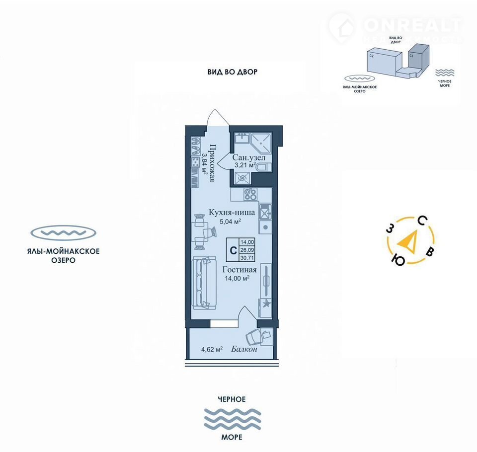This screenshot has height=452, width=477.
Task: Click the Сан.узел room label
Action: coord(249,157)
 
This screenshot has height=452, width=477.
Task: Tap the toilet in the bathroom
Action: coord(263,167)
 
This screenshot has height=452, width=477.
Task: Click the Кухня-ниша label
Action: coord(232,213)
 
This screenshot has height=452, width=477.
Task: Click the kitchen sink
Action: coord(265,212)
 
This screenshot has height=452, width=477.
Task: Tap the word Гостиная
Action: coord(239,270)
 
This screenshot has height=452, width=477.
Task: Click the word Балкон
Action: coord(244,349)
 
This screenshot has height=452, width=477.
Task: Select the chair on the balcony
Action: coord(257,337)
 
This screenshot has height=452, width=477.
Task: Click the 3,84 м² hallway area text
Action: coord(204,163)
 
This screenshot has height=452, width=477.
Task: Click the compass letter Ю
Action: coord(397,259)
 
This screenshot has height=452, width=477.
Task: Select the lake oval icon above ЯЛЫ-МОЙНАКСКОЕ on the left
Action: coord(63,232)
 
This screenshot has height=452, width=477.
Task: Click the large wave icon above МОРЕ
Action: coord(232,418)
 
